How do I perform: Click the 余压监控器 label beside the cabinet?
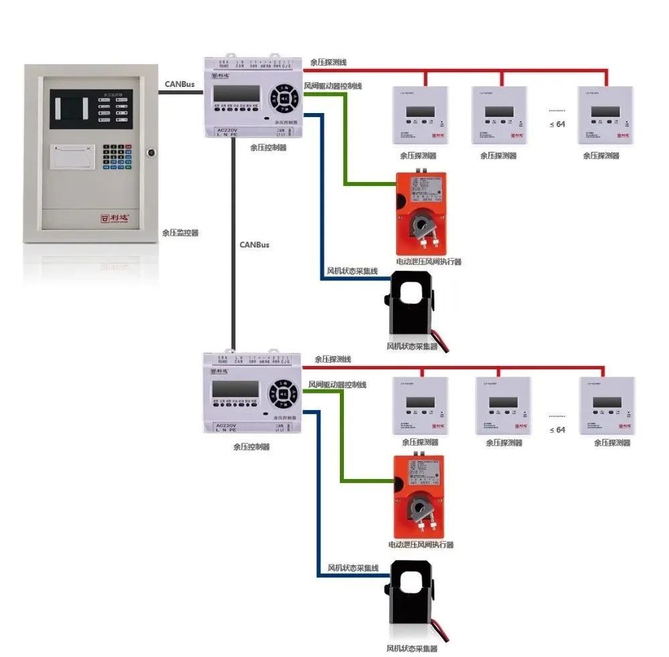[x=180, y=233]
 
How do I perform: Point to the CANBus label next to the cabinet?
[x=179, y=85]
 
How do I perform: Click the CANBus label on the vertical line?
[x=254, y=245]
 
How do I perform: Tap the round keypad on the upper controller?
[x=284, y=98]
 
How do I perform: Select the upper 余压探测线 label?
[x=328, y=62]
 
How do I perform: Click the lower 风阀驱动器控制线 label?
[x=337, y=385]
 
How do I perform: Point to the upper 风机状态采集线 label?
[x=352, y=271]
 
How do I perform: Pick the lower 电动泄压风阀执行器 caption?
[x=421, y=545]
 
